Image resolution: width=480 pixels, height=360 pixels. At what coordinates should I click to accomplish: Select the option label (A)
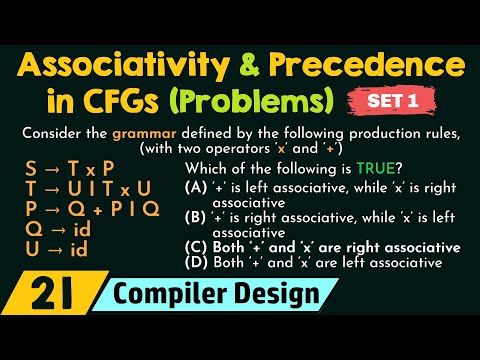click(x=197, y=186)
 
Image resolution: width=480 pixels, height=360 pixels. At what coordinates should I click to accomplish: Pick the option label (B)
click(x=197, y=216)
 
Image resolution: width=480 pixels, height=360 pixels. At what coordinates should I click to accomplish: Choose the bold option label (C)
click(x=197, y=247)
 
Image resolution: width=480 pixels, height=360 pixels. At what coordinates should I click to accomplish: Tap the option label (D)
click(x=197, y=263)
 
